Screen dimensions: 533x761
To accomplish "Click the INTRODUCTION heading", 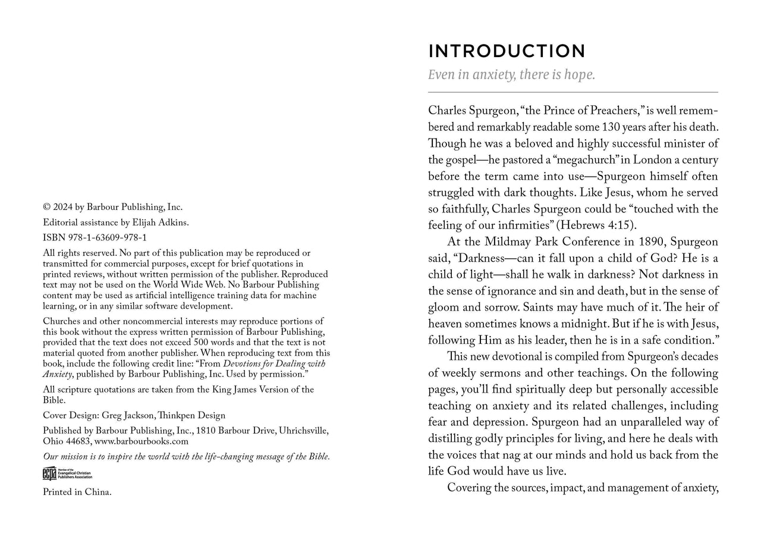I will (507, 51).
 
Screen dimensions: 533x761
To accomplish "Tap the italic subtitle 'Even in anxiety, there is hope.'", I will (511, 76).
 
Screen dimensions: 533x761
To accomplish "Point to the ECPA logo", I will (67, 474).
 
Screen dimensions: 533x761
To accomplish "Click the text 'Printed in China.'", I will (77, 492).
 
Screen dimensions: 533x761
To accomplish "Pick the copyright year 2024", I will (63, 207).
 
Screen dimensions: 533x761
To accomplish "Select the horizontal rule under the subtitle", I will (573, 92).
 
